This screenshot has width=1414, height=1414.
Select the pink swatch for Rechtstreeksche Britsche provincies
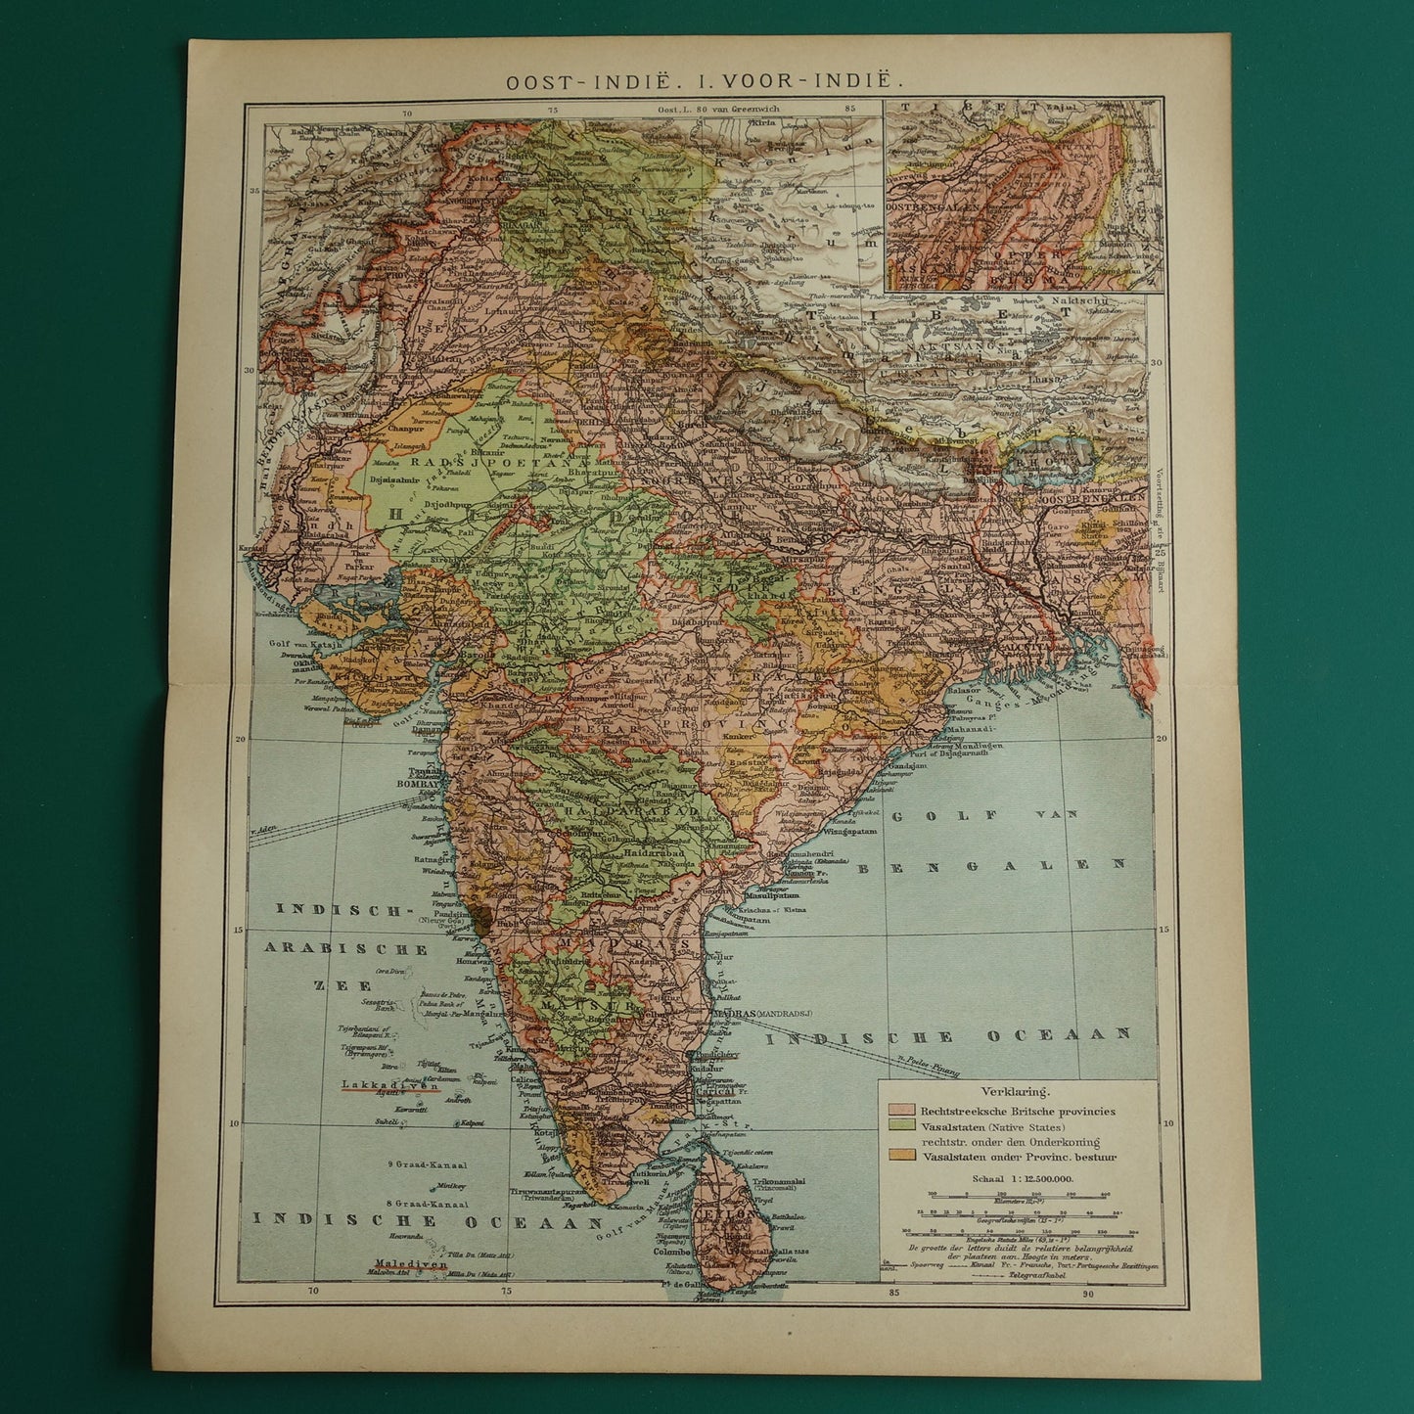(x=900, y=1112)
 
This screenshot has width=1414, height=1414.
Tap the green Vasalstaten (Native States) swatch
(x=900, y=1126)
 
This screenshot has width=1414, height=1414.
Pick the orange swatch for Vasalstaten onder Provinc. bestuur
(x=900, y=1157)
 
